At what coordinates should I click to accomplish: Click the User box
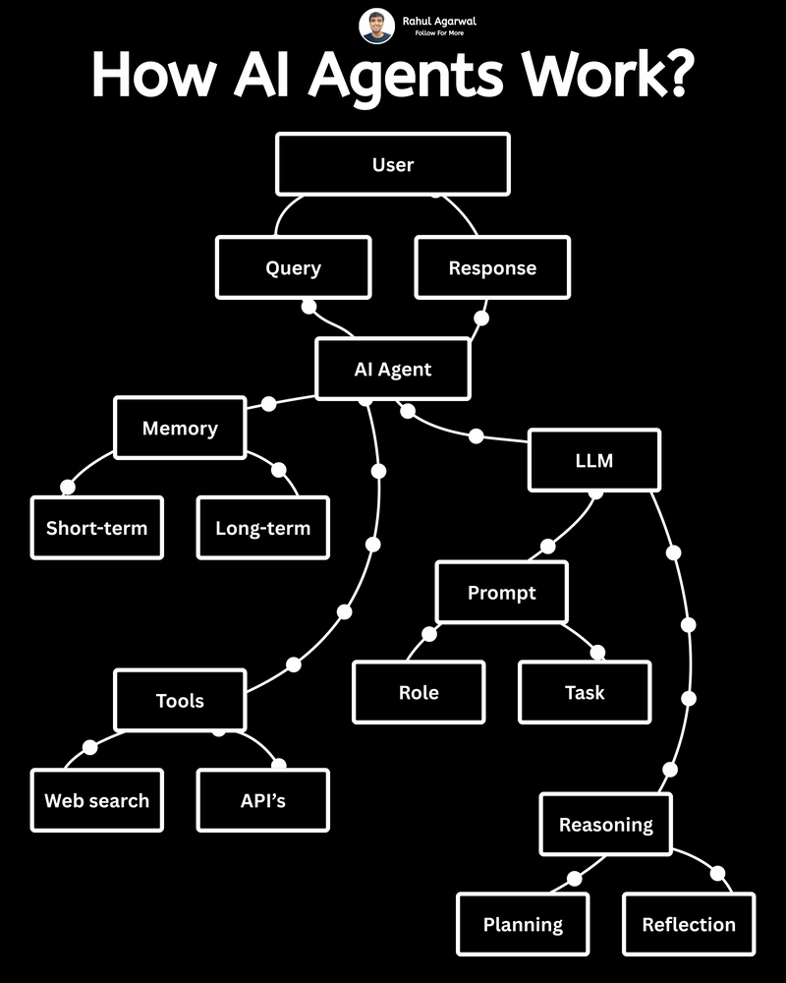pyautogui.click(x=393, y=164)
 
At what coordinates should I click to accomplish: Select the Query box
pyautogui.click(x=293, y=267)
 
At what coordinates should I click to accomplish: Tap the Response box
pyautogui.click(x=492, y=267)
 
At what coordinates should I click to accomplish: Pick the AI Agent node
pyautogui.click(x=393, y=370)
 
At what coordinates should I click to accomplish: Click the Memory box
pyautogui.click(x=180, y=428)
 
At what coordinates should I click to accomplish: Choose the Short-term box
pyautogui.click(x=96, y=528)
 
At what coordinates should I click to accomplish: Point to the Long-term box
pyautogui.click(x=262, y=528)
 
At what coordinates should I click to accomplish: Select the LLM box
pyautogui.click(x=593, y=459)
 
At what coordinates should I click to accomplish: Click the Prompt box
pyautogui.click(x=501, y=593)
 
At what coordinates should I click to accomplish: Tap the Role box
pyautogui.click(x=419, y=692)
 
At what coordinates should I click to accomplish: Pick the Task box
pyautogui.click(x=585, y=692)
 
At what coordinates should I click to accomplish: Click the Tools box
pyautogui.click(x=180, y=701)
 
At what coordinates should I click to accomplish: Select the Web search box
pyautogui.click(x=96, y=800)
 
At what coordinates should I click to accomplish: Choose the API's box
pyautogui.click(x=262, y=800)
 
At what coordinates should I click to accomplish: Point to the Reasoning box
pyautogui.click(x=605, y=825)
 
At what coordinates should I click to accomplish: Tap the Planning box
pyautogui.click(x=523, y=924)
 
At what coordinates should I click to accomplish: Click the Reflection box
pyautogui.click(x=688, y=924)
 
